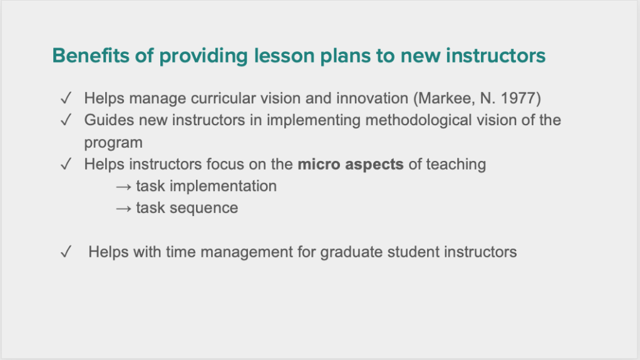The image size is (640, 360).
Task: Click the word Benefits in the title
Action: tap(90, 56)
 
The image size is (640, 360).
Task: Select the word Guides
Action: tap(109, 120)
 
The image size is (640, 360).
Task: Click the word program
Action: tap(113, 143)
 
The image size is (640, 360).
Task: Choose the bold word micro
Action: tap(319, 165)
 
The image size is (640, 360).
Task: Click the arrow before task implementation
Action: tap(123, 187)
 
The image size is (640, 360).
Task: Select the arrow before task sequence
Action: tap(123, 209)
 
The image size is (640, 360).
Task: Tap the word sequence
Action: tap(204, 208)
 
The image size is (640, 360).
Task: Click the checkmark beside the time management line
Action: tap(66, 252)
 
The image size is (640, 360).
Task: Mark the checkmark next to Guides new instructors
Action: tap(66, 120)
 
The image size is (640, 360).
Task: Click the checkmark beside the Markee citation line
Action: tap(66, 98)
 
